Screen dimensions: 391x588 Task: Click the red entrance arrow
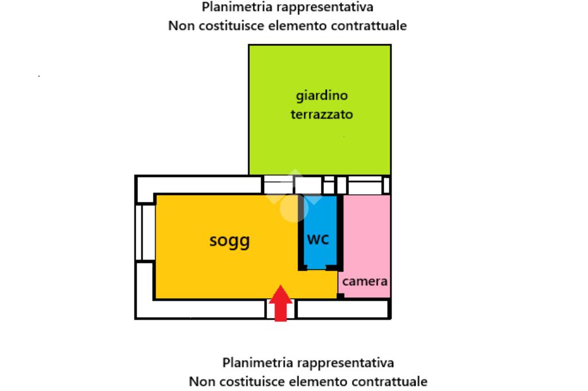tap(280, 303)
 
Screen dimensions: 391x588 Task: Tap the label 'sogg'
tap(229, 240)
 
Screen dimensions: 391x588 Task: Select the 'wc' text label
tap(318, 238)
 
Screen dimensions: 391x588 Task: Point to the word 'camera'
tap(365, 281)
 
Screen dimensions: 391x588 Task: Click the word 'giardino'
tap(322, 95)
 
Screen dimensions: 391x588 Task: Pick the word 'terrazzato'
tap(322, 114)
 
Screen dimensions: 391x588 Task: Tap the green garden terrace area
tap(319, 143)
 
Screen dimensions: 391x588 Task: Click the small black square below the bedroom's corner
tap(340, 296)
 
